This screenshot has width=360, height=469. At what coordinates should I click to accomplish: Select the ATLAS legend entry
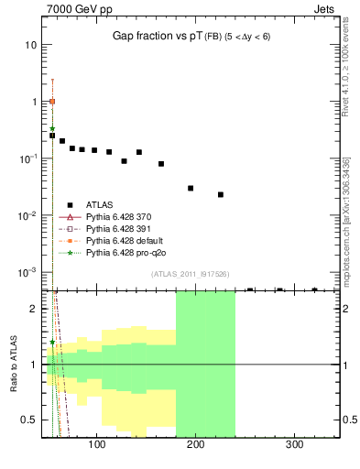tap(99, 204)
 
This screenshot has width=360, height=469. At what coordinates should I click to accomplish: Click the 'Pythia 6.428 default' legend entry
tap(125, 240)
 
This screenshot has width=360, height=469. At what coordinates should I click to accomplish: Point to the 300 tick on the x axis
tap(295, 444)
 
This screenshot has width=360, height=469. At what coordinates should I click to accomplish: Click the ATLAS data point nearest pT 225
tap(221, 194)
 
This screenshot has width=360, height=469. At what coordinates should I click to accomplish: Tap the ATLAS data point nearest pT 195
tap(191, 188)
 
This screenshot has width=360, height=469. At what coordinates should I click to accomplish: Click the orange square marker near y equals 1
tap(52, 102)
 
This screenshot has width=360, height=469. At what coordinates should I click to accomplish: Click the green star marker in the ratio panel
tap(52, 342)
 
